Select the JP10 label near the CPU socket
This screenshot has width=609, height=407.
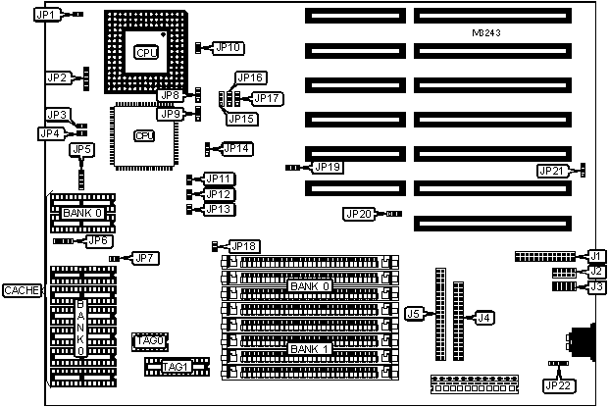[229, 47]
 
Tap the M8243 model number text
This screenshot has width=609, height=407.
[489, 33]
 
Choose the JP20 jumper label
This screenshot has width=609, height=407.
[359, 213]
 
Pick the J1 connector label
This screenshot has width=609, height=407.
[594, 256]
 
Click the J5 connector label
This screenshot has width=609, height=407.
[415, 314]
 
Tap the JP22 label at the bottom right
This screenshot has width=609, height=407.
[557, 385]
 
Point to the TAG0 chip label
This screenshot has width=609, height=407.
[151, 339]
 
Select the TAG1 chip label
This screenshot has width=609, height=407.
[175, 367]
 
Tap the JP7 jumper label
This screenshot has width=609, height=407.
[146, 258]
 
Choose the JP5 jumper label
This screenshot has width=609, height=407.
[81, 149]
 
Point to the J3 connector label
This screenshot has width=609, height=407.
[594, 286]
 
